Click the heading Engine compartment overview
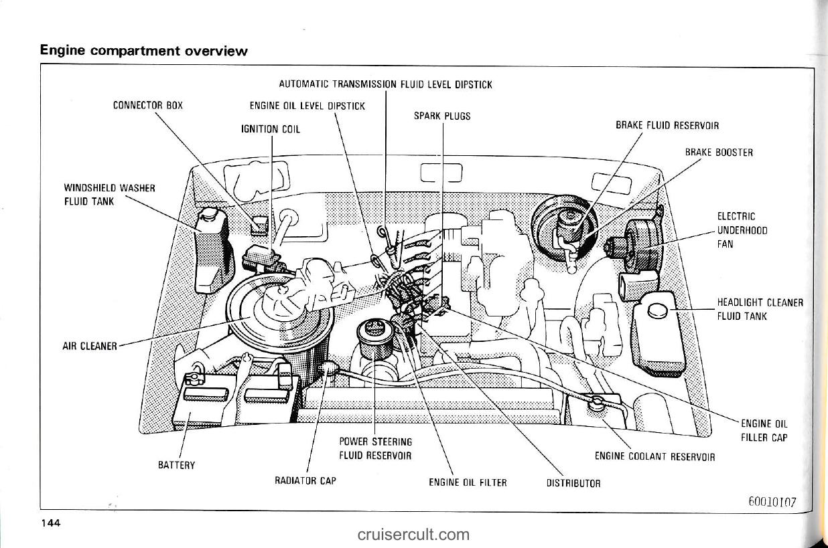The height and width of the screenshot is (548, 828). click(x=144, y=50)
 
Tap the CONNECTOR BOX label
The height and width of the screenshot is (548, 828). click(x=147, y=105)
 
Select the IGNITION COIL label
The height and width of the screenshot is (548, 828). click(x=271, y=129)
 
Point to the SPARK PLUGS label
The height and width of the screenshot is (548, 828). click(x=441, y=116)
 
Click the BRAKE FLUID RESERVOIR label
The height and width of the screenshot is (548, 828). click(x=667, y=125)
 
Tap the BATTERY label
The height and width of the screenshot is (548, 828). click(x=176, y=465)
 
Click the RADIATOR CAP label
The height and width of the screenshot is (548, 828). click(x=305, y=480)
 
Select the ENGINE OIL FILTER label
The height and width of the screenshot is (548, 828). click(x=468, y=482)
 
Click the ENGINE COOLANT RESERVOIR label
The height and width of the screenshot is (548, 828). click(x=654, y=458)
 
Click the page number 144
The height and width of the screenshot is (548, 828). click(x=51, y=523)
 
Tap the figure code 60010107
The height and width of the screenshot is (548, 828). click(x=770, y=502)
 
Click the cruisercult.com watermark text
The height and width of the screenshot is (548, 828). click(x=413, y=534)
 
